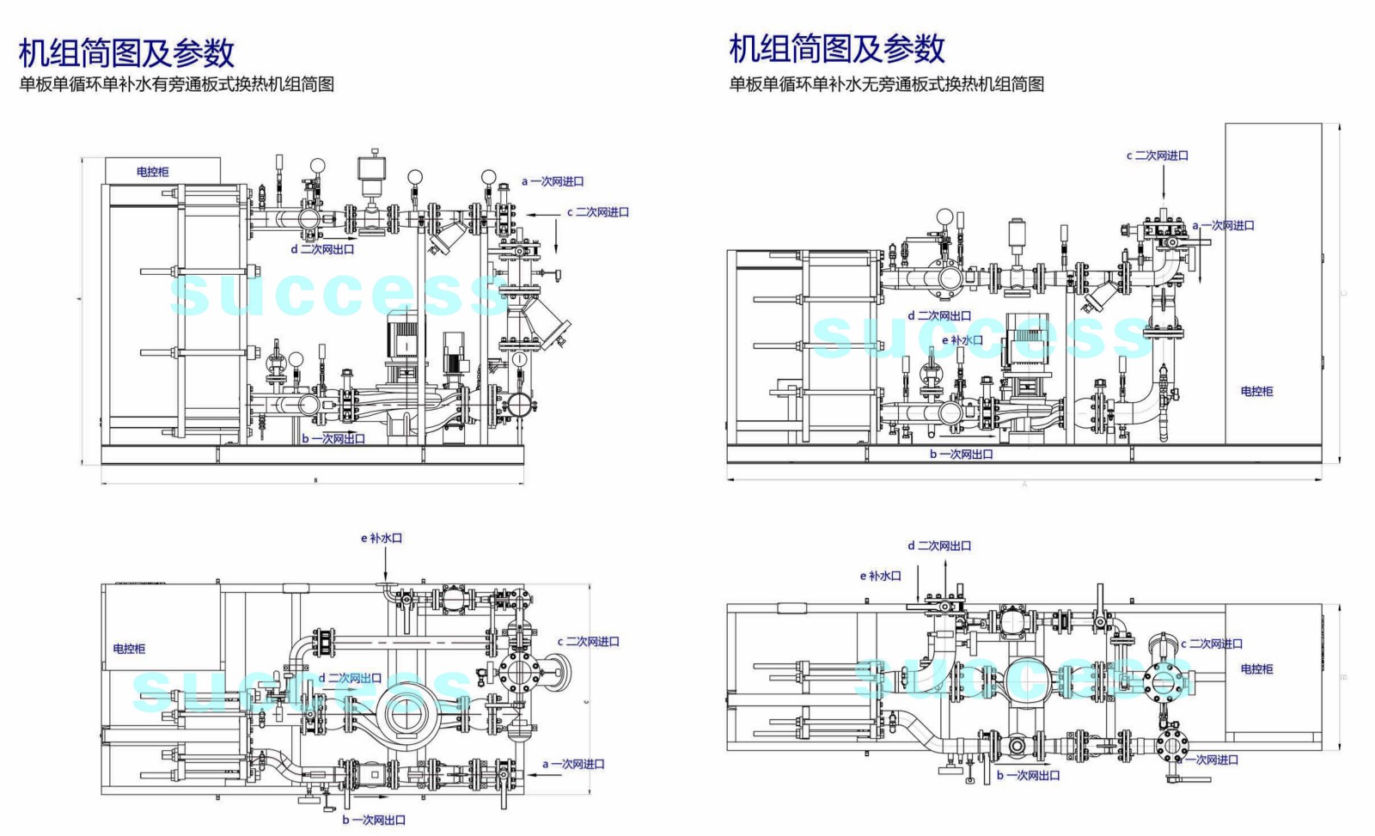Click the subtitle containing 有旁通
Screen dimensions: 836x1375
click(176, 84)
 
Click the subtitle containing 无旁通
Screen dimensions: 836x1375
click(886, 84)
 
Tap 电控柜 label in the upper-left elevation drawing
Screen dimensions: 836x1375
click(152, 172)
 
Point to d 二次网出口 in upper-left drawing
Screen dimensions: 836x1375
click(322, 249)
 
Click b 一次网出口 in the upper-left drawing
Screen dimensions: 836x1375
click(333, 438)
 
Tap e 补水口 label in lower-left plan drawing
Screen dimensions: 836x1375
click(381, 538)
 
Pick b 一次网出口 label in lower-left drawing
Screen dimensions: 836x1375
click(373, 820)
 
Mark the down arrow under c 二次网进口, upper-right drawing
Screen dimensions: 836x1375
click(1163, 185)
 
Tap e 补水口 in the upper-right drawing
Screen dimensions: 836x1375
click(962, 340)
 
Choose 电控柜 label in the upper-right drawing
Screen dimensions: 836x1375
click(1256, 391)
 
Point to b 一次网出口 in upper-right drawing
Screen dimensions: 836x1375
click(961, 454)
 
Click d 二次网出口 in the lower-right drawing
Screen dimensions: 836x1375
click(939, 546)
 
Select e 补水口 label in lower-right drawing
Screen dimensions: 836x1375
click(880, 576)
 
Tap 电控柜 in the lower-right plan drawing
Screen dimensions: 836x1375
click(1256, 668)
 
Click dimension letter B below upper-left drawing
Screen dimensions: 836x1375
click(315, 481)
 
